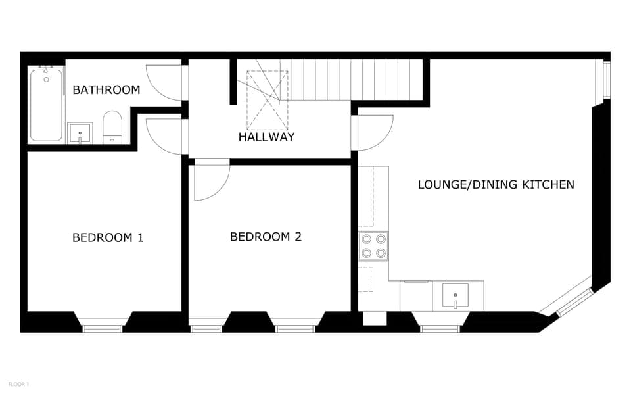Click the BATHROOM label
coord(106,90)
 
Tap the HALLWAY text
coord(266,137)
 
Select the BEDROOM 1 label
coord(108,237)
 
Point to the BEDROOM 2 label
coord(266,237)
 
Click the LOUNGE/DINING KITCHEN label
coord(496,185)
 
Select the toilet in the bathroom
coord(112,126)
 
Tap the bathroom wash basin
coord(80,133)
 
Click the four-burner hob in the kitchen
coord(373,246)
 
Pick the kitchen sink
coord(455,295)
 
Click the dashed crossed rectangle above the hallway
coord(267,100)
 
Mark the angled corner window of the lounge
coord(566,303)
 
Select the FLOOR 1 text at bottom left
coord(18,384)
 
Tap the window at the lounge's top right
coord(606,80)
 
